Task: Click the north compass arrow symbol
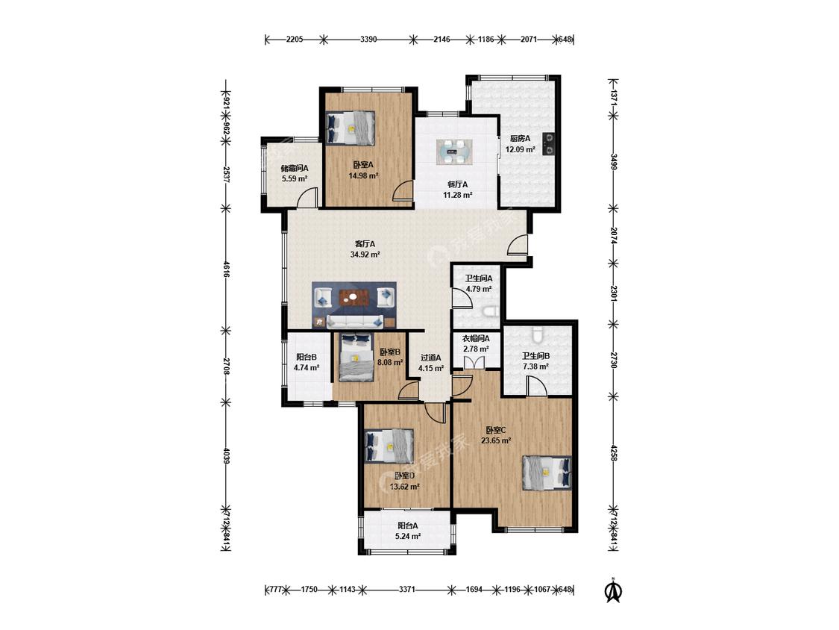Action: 614,590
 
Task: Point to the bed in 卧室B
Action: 356,358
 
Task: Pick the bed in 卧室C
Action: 547,472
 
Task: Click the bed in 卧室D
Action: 389,445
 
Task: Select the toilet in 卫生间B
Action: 538,335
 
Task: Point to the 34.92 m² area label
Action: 365,255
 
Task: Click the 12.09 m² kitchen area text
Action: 520,149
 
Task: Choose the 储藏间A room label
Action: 295,168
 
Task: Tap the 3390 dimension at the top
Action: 368,39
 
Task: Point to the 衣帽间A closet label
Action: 476,339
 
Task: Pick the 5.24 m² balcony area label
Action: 408,536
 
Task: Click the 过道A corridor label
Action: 431,358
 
